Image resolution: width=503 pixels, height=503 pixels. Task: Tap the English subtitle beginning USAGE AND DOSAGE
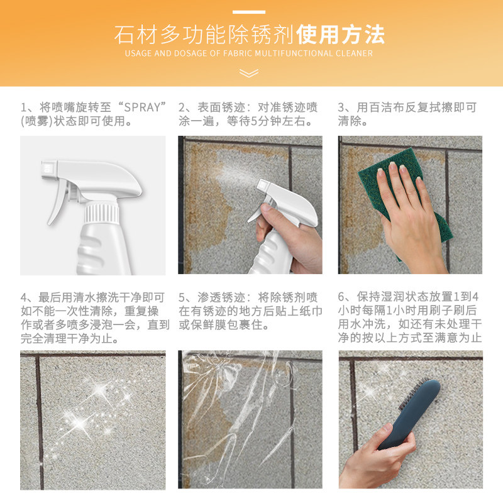(x=249, y=53)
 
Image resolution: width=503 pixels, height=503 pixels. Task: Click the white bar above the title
(x=249, y=11)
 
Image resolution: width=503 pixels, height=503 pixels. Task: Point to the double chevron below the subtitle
(x=249, y=73)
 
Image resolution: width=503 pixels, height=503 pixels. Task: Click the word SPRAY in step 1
(x=142, y=107)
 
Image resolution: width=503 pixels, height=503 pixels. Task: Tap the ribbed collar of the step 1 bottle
(x=101, y=213)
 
